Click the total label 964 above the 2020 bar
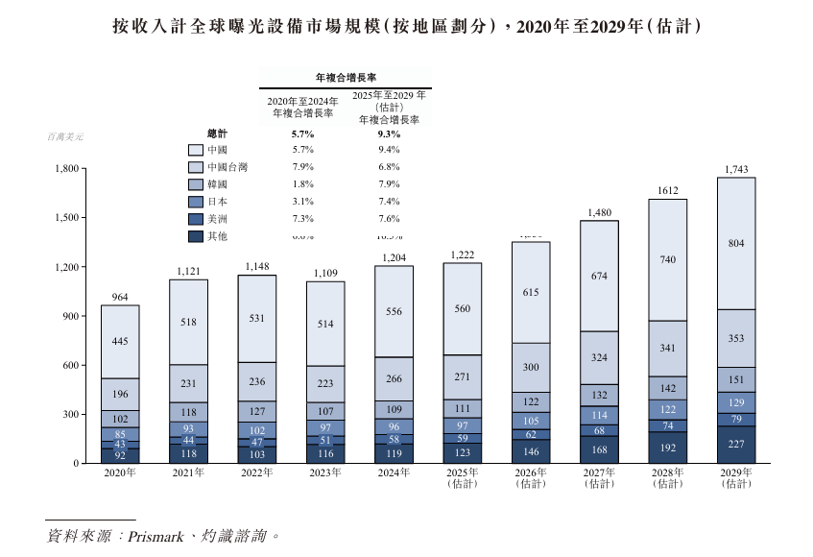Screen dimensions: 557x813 click(119, 297)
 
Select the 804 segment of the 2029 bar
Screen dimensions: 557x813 click(735, 244)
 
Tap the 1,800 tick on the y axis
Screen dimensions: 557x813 click(65, 169)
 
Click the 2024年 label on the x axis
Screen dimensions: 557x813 click(393, 473)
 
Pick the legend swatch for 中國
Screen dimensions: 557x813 click(195, 150)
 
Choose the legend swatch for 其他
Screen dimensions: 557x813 click(195, 236)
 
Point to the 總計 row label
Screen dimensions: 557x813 click(217, 133)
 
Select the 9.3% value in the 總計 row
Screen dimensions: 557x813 click(389, 133)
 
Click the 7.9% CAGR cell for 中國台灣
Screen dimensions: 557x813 click(302, 167)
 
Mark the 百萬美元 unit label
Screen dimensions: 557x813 click(65, 136)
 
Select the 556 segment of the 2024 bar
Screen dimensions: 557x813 click(393, 311)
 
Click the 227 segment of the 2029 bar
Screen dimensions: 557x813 click(735, 444)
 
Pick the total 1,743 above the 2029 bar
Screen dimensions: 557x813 click(735, 170)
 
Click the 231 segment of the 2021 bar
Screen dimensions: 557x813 click(187, 383)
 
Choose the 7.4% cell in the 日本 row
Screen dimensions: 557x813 click(389, 202)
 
